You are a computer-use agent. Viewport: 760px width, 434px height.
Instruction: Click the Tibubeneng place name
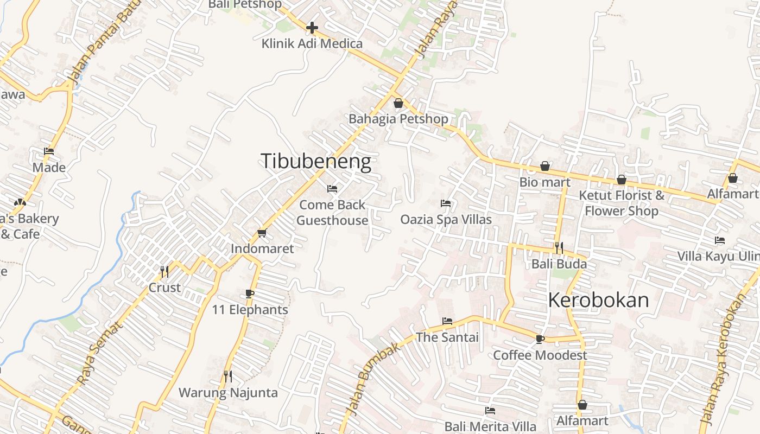coord(316,162)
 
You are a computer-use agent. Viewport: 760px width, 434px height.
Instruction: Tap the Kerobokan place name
coord(598,300)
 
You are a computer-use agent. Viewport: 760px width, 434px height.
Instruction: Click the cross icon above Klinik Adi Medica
coord(312,27)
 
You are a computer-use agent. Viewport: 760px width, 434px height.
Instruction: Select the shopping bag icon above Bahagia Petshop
coord(398,103)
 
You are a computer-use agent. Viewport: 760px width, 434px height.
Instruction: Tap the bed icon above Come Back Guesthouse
coord(332,189)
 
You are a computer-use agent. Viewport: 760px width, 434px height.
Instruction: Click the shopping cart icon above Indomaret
coord(262,233)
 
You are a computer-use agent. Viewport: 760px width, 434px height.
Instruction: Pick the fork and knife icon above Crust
coord(164,271)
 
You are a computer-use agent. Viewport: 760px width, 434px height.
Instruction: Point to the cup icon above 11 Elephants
coord(250,293)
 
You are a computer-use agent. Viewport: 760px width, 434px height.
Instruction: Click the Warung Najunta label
coord(228,392)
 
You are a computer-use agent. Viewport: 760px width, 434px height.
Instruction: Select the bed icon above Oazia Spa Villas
coord(446,203)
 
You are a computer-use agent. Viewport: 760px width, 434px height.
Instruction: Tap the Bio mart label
coord(545,182)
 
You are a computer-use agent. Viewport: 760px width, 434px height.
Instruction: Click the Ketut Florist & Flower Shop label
coord(622,203)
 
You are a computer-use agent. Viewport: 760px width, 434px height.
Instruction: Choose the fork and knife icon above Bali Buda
coord(559,248)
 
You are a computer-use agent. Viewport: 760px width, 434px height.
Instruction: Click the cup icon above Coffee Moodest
coord(540,339)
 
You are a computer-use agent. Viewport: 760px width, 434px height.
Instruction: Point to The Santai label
coord(447,337)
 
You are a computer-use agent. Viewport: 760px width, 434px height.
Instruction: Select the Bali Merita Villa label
coord(490,426)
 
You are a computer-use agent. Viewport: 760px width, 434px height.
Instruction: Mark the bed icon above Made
coord(49,151)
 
